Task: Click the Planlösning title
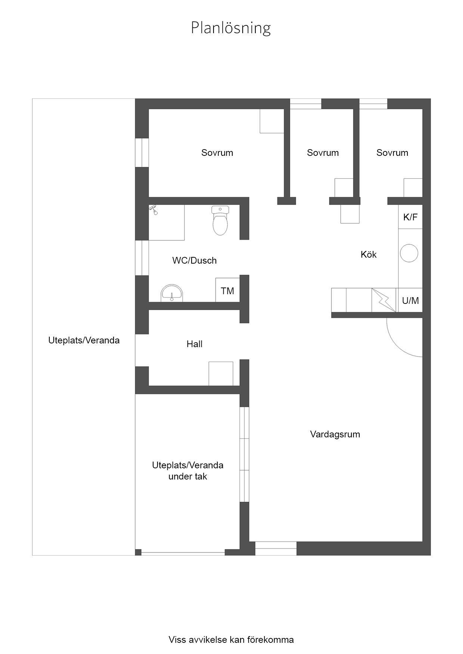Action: tap(231, 28)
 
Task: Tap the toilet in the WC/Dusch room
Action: tap(220, 220)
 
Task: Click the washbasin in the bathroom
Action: tap(172, 293)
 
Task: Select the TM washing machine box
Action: tap(227, 290)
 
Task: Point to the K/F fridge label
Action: tap(410, 217)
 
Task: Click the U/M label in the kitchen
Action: tap(410, 301)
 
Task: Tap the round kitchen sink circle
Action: tap(409, 253)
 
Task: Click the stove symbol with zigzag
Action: tap(384, 300)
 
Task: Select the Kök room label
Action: tap(369, 255)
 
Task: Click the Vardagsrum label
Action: tap(335, 434)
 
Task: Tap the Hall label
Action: tap(195, 344)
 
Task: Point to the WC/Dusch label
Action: tap(195, 261)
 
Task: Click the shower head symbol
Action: tap(154, 210)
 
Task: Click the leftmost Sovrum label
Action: tap(217, 153)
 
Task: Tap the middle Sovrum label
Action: tap(323, 153)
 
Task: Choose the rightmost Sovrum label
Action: tap(392, 153)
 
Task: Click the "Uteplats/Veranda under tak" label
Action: tap(188, 471)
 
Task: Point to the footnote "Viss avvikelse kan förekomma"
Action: tap(231, 640)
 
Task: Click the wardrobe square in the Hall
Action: tap(221, 374)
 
